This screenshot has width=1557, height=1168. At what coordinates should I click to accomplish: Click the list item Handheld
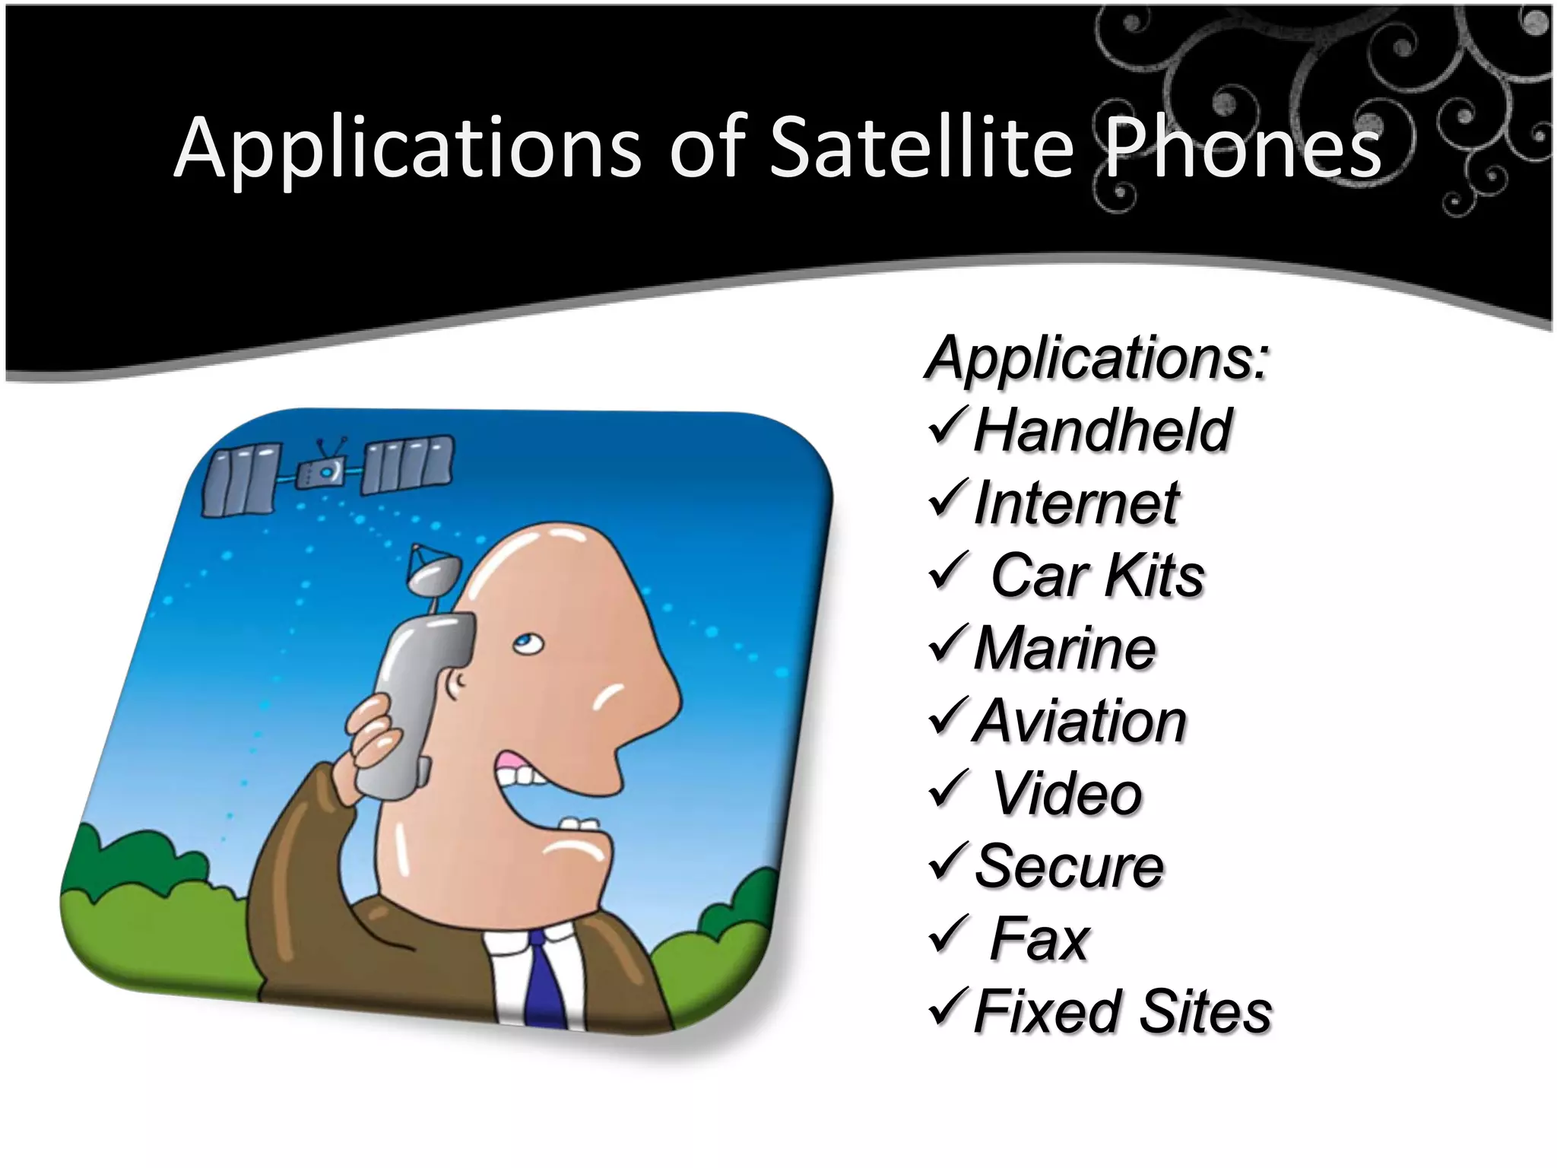tap(1102, 430)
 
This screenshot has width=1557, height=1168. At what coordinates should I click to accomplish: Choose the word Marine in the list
tap(1064, 649)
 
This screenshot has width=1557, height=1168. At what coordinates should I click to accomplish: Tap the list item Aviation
tap(1080, 721)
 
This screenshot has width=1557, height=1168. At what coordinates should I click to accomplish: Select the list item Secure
tap(1068, 866)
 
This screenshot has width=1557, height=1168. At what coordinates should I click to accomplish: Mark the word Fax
tap(1039, 939)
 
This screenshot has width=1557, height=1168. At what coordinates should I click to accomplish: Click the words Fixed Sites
tap(1122, 1012)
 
